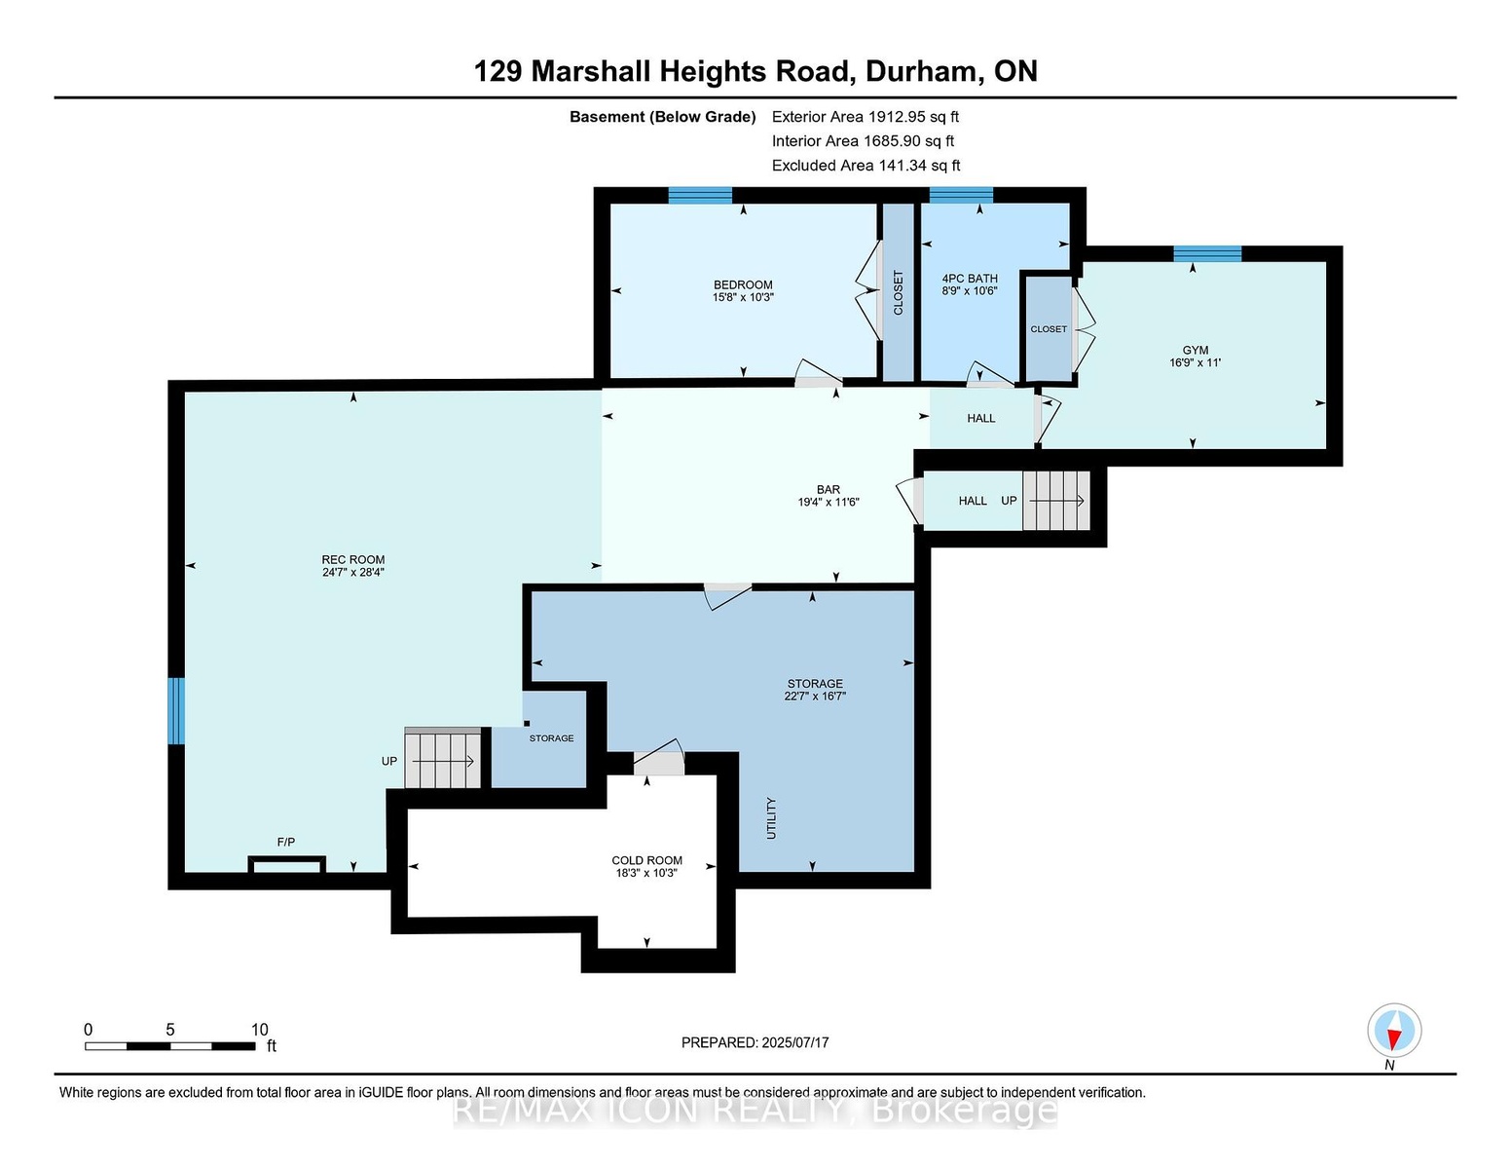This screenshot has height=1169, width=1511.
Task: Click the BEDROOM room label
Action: [743, 284]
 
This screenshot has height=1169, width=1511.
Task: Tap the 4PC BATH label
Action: [970, 279]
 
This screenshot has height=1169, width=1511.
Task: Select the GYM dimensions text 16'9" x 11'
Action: [1195, 362]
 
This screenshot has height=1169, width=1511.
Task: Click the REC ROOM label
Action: [352, 560]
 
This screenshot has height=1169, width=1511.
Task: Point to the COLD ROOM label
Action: [646, 860]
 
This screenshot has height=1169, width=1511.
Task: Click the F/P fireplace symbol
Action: [286, 864]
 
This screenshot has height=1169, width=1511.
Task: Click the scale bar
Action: [170, 1046]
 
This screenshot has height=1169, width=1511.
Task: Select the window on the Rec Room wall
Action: [177, 711]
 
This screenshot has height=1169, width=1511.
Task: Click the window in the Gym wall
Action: [1207, 254]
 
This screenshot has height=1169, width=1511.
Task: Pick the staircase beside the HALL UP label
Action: [1056, 501]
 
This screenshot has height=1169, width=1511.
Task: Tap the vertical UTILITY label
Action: [770, 818]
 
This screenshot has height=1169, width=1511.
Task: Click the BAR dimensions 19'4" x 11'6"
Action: [829, 502]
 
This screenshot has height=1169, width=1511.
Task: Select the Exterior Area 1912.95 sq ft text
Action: [865, 117]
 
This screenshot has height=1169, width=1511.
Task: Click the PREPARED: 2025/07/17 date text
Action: [755, 1042]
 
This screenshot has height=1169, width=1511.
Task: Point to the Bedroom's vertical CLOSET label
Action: [898, 292]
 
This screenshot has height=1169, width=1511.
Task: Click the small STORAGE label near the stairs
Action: [551, 737]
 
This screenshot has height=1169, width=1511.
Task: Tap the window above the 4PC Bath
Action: [961, 196]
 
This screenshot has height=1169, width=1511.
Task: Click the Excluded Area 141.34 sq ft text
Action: [866, 166]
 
